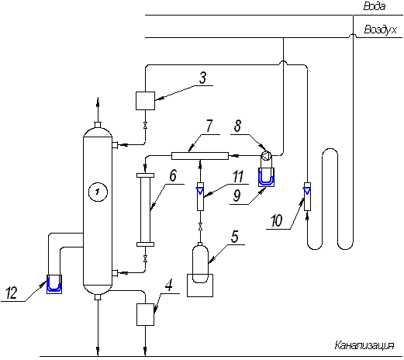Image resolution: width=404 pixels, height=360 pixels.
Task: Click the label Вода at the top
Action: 375,6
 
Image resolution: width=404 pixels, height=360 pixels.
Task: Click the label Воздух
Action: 380,29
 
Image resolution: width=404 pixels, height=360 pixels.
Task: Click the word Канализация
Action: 364,345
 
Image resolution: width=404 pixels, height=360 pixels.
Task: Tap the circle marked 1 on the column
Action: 98,192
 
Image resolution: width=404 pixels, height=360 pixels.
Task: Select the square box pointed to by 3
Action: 145,101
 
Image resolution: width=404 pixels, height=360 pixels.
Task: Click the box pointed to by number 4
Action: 145,314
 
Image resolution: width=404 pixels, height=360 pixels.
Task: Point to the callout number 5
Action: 234,237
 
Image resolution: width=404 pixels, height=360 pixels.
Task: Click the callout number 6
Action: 173,175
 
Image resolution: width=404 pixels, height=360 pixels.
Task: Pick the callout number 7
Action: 209,126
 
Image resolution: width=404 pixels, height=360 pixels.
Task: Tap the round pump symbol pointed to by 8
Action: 267,156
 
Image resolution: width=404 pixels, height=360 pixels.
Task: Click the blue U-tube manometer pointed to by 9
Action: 266,177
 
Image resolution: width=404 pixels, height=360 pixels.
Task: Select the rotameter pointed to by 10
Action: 307,196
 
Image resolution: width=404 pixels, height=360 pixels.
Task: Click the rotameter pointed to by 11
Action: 200,196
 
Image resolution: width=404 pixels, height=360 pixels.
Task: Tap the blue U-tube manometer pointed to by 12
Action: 54,284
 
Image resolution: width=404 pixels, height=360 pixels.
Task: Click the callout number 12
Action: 11,293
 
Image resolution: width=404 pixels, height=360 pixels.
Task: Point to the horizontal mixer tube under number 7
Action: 200,156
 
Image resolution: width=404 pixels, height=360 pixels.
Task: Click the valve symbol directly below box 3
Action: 145,126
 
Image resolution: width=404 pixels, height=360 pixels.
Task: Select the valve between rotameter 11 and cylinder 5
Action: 200,227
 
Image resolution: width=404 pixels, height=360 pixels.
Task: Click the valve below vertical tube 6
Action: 145,258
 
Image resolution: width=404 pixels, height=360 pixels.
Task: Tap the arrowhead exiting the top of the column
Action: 98,102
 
